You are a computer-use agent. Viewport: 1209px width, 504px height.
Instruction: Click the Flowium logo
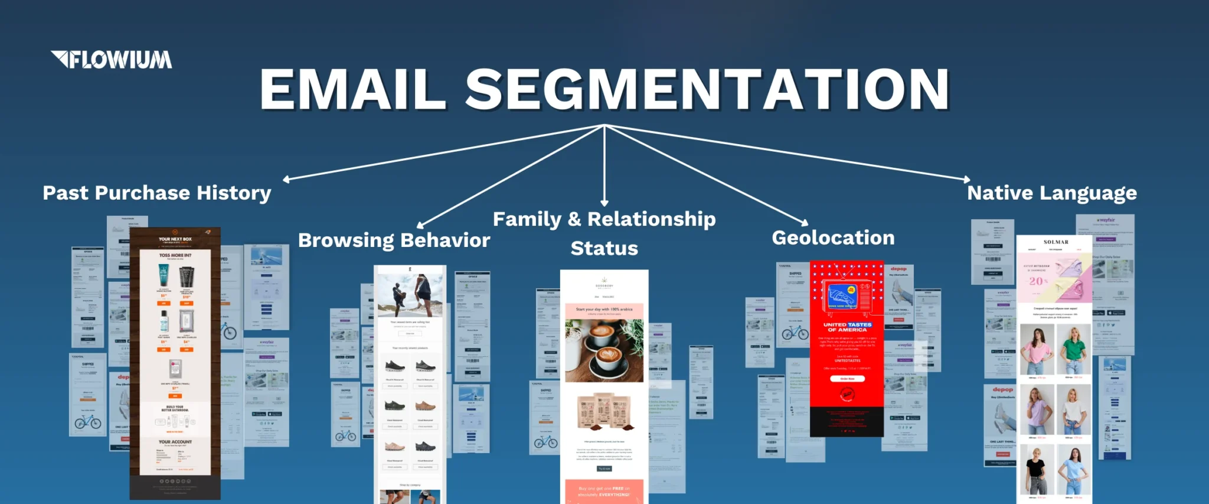[112, 60]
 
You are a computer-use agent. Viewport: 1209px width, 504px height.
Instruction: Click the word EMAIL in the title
[352, 89]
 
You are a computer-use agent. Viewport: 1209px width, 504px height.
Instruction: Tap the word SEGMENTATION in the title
[707, 89]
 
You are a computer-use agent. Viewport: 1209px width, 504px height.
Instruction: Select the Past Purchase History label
[157, 193]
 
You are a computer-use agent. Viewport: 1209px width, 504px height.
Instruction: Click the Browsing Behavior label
[394, 240]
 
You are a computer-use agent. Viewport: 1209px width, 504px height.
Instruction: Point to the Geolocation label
[833, 238]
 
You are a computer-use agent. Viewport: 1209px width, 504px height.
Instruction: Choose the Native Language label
[1051, 193]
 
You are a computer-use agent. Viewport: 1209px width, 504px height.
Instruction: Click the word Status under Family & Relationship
[604, 248]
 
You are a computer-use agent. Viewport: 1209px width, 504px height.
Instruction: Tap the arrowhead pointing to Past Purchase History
[286, 179]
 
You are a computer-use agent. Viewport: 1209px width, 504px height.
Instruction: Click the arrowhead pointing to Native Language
[967, 179]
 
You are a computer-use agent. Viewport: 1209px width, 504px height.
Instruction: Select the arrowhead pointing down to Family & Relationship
[604, 203]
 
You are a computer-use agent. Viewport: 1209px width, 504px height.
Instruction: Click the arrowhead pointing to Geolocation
[805, 223]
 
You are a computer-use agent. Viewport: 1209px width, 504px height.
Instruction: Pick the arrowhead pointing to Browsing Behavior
[420, 225]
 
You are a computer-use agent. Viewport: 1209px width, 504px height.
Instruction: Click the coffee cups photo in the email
[603, 350]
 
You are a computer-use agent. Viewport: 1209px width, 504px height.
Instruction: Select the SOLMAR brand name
[1056, 242]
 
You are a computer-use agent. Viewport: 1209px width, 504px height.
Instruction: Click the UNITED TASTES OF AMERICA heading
[847, 327]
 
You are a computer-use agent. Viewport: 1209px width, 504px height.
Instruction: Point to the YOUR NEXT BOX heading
[175, 239]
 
